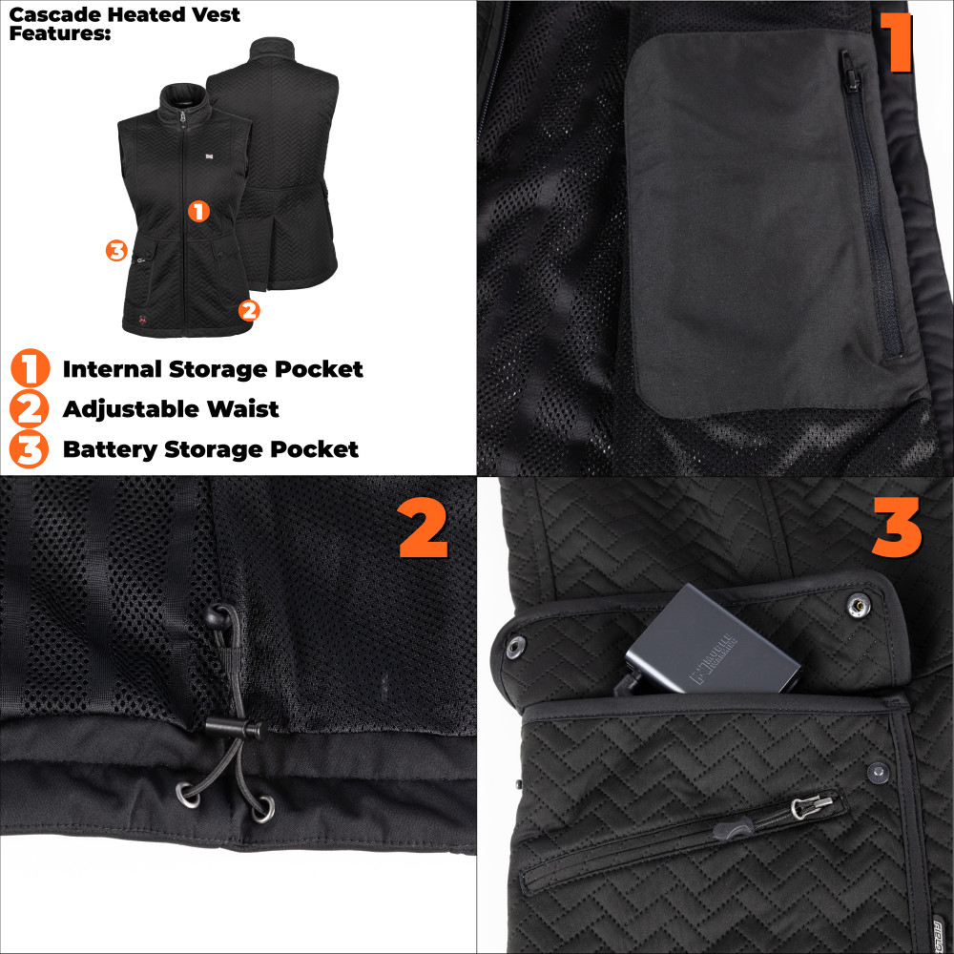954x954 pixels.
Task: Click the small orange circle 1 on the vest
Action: tap(198, 211)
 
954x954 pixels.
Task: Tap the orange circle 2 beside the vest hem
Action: tap(248, 309)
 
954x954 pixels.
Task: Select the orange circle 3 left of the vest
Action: tap(116, 251)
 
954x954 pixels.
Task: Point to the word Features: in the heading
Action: tap(59, 33)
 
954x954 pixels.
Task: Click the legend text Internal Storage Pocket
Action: tap(213, 369)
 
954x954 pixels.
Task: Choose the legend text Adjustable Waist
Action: tap(171, 409)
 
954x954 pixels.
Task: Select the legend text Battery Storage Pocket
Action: tap(211, 449)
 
